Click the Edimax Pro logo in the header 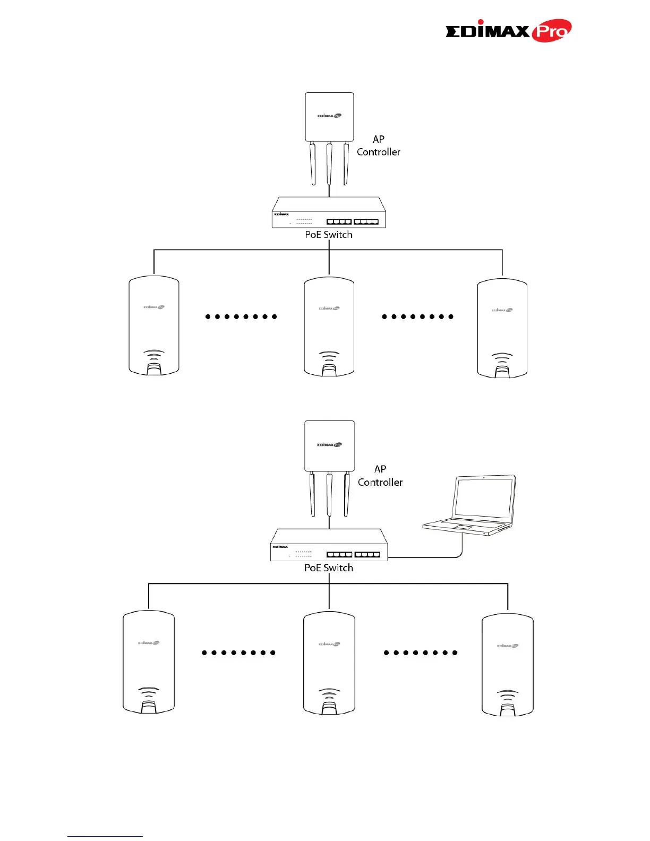508,31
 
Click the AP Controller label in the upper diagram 378,145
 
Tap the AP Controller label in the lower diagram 380,476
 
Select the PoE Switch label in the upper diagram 329,235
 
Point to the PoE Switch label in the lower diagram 329,568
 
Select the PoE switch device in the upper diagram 329,213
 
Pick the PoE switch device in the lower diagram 329,545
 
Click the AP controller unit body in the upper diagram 329,117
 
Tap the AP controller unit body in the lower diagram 329,445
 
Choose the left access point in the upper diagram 154,325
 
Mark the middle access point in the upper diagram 329,326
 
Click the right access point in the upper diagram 502,328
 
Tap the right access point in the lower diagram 507,664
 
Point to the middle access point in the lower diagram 329,663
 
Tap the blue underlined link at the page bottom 105,836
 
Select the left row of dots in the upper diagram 241,316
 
